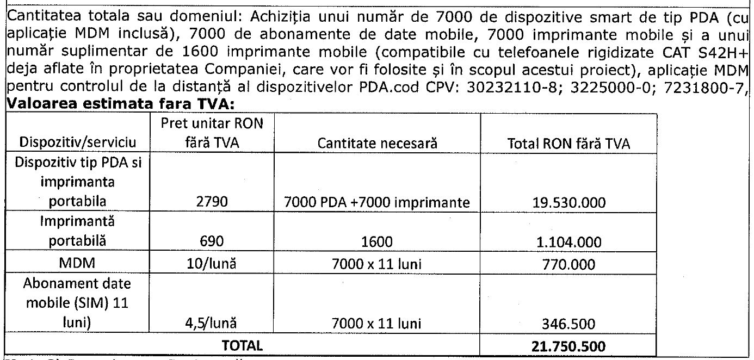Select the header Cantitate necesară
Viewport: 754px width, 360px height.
point(378,143)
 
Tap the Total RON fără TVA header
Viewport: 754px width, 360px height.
point(568,143)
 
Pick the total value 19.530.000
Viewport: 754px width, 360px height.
point(568,203)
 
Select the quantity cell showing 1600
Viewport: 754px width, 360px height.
point(377,242)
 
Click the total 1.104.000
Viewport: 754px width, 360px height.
point(568,242)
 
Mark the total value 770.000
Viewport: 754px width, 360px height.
point(568,264)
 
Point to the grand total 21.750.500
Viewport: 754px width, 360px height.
point(568,345)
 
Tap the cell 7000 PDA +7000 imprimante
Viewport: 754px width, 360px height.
point(377,203)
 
